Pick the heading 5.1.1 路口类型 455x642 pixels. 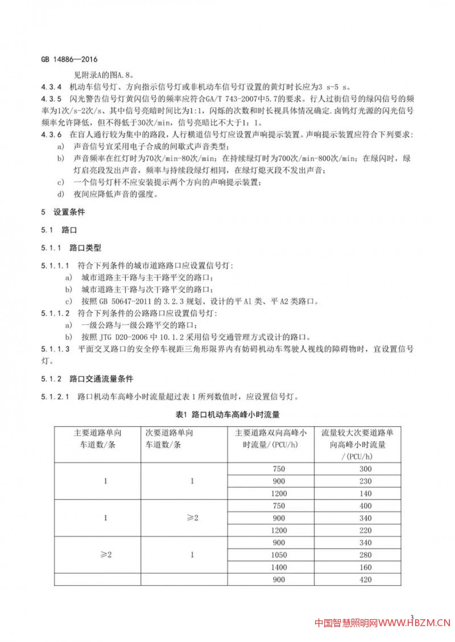(71, 248)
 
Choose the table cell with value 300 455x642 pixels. (365, 469)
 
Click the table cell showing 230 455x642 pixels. (365, 481)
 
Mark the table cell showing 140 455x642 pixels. (365, 493)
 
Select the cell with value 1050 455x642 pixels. (279, 555)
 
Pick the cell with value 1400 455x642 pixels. (279, 567)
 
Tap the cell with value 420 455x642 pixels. (365, 580)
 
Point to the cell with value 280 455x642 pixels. (365, 555)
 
